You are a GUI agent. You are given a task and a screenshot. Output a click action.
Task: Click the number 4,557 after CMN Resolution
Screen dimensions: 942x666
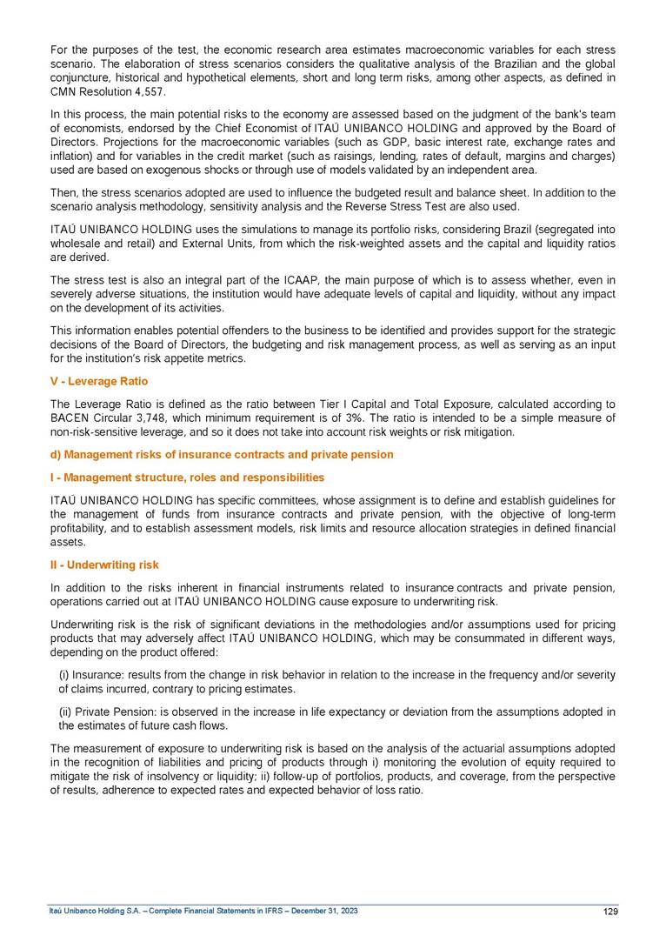pos(146,91)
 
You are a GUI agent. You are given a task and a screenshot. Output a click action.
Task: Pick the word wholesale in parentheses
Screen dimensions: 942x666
pos(74,244)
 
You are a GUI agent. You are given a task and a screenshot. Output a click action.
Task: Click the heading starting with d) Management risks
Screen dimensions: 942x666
pos(222,454)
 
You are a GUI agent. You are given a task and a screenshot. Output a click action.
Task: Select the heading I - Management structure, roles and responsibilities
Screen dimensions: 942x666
pos(187,478)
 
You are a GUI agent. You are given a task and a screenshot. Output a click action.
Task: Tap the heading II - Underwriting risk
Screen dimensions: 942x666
pos(104,565)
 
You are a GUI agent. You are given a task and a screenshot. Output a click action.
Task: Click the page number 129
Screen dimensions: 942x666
pos(609,912)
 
